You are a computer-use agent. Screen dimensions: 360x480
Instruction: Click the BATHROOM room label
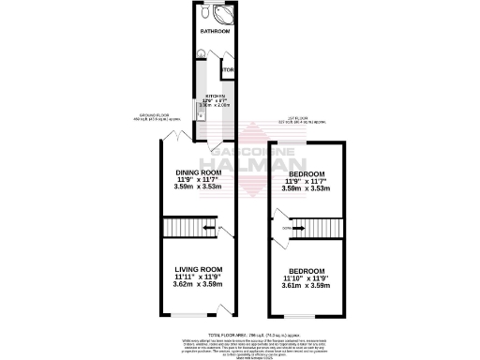point(215,30)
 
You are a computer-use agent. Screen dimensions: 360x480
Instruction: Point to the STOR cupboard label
point(227,70)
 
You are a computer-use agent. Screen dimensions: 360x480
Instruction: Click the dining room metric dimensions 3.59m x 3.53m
point(199,188)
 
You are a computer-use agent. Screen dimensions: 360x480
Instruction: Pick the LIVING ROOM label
point(197,270)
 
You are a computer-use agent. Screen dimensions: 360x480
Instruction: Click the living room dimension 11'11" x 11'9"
point(197,277)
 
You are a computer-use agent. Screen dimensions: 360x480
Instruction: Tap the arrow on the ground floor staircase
point(202,228)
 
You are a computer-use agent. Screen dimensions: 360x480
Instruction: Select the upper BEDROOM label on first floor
point(307,174)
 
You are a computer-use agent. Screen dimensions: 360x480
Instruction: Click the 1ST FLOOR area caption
point(307,120)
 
